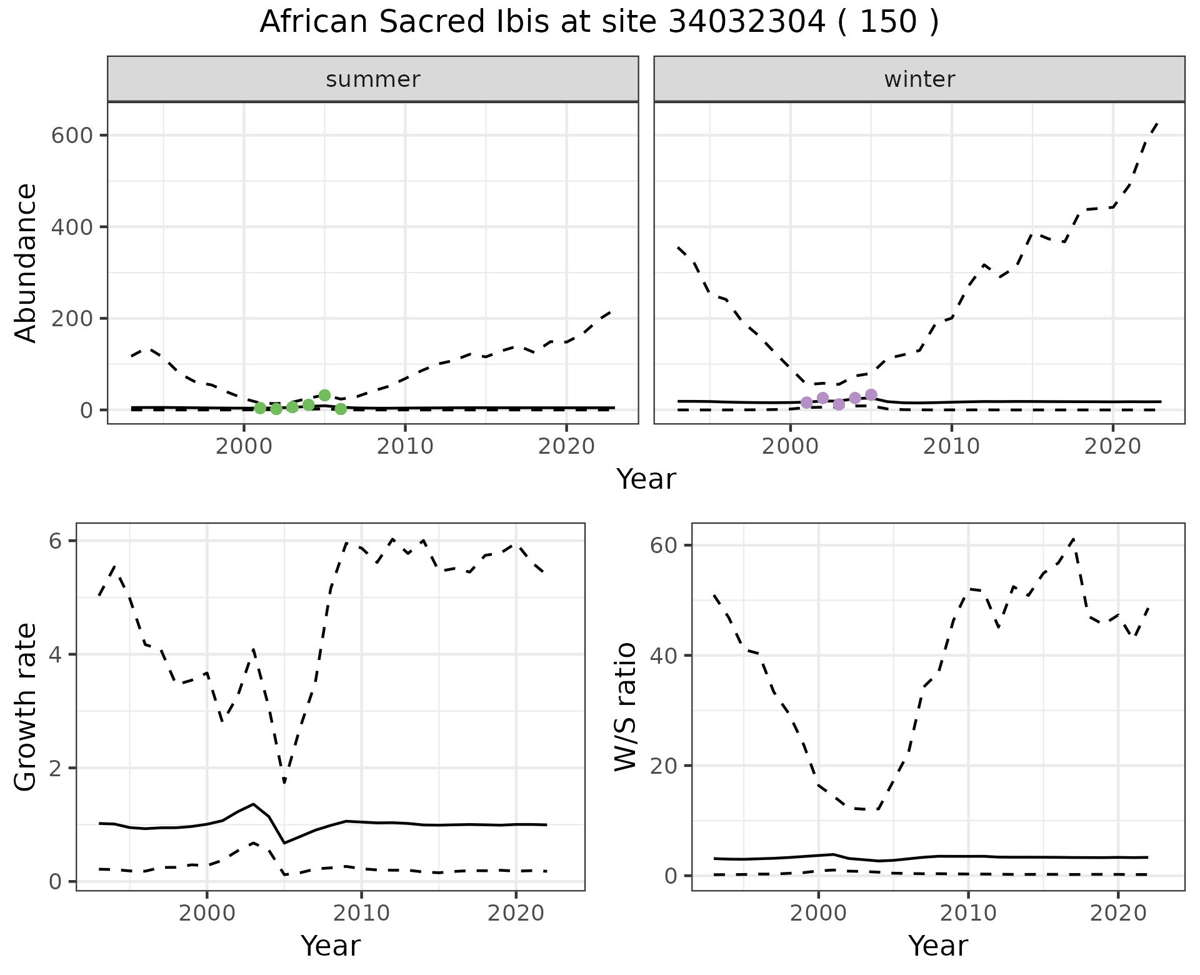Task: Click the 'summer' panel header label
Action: (x=373, y=79)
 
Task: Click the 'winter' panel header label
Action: (x=919, y=79)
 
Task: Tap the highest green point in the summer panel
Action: (x=324, y=395)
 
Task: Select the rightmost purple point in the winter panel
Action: (x=871, y=394)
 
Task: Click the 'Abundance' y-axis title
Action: (x=26, y=262)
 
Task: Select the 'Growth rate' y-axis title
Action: (x=26, y=707)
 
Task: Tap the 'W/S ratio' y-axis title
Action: (x=625, y=707)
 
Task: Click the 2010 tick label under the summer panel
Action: (x=405, y=446)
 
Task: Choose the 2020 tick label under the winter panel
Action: (x=1112, y=446)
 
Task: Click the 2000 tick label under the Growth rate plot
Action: (x=207, y=913)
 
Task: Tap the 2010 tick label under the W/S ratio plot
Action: (x=968, y=913)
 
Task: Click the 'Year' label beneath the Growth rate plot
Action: (x=331, y=946)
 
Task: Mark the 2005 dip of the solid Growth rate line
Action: (x=284, y=843)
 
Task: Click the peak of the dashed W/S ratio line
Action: (x=1073, y=538)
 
